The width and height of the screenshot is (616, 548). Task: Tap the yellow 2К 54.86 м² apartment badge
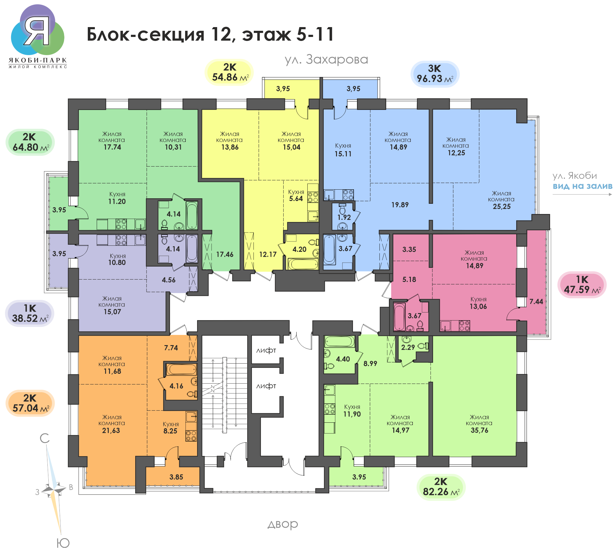pos(229,72)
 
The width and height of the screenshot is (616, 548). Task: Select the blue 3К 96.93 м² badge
pos(435,74)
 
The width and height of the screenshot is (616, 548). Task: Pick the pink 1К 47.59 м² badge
pos(582,285)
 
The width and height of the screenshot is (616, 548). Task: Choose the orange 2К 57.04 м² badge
pos(30,403)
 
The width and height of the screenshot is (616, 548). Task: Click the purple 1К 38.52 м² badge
pos(30,313)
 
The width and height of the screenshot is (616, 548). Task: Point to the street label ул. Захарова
pos(326,60)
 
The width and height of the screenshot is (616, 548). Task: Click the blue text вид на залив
pos(582,186)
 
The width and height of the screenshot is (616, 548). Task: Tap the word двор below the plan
pos(283,524)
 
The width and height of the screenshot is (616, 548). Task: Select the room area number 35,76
pos(479,430)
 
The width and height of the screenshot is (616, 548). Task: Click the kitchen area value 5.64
pos(296,199)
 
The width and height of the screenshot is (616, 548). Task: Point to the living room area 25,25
pos(501,207)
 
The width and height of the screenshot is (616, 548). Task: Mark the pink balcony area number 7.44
pos(536,302)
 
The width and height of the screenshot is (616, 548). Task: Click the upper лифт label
pos(266,350)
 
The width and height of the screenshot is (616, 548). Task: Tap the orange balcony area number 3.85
pos(176,477)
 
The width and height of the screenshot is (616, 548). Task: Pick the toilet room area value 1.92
pos(344,217)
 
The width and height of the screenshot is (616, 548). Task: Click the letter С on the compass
pos(45,438)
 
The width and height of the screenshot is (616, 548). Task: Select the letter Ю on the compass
pos(63,543)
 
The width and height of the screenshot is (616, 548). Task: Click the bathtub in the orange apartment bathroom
pos(181,369)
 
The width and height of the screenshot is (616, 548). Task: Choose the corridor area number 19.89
pos(400,205)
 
